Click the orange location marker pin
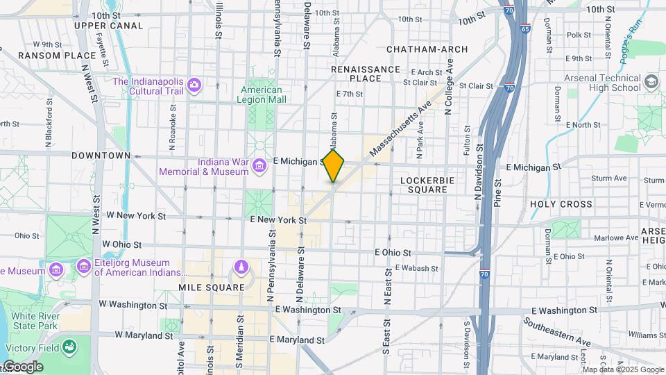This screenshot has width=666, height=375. click(334, 165)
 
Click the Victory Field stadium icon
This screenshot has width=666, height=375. click(69, 347)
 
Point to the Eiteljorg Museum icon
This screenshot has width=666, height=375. click(84, 267)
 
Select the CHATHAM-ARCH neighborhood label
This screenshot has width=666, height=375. click(427, 49)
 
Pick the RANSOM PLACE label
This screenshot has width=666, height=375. click(57, 56)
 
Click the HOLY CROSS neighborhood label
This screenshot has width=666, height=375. click(561, 204)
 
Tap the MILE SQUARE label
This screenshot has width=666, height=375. click(212, 287)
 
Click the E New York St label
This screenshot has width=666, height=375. click(278, 220)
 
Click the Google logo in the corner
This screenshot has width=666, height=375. click(23, 367)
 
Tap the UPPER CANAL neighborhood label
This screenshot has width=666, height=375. click(108, 26)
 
